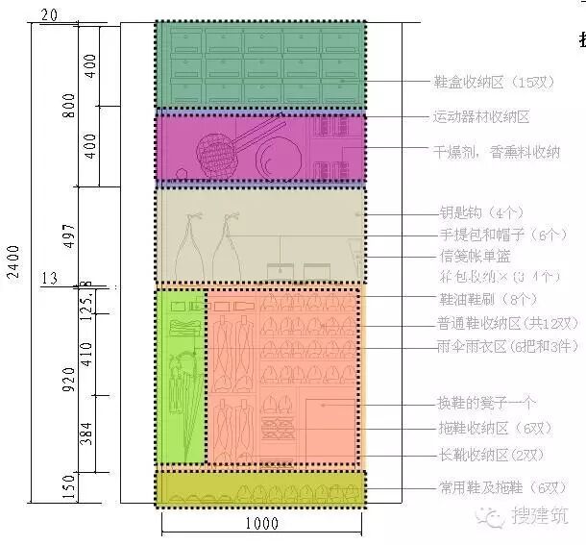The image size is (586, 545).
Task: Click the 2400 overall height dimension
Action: tap(13, 260)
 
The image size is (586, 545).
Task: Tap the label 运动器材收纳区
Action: tap(480, 117)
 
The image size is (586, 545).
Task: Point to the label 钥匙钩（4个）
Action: tap(481, 213)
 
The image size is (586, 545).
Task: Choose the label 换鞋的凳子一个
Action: tap(486, 404)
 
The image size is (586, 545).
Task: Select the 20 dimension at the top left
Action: tap(50, 14)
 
